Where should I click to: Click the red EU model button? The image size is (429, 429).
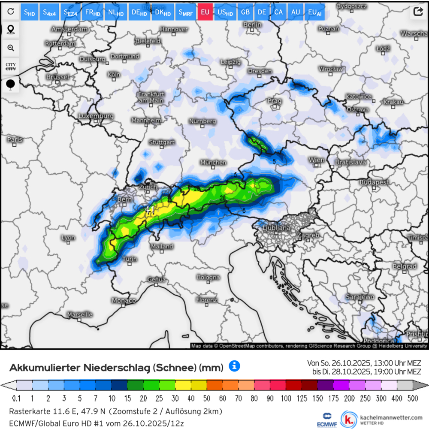205,12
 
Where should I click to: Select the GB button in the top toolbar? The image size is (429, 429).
245,12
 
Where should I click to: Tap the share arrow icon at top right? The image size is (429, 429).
418,12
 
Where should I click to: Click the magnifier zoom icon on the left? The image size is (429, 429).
11,48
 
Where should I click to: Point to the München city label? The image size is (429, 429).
213,163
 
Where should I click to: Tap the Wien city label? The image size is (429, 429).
317,160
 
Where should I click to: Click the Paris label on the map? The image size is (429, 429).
15,139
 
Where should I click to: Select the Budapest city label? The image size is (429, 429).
374,182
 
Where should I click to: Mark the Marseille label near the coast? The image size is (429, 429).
80,314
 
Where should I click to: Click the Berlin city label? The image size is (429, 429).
252,25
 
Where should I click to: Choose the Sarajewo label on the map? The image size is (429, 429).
360,297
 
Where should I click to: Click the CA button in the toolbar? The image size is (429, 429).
278,12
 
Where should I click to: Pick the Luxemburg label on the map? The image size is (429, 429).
96,116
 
